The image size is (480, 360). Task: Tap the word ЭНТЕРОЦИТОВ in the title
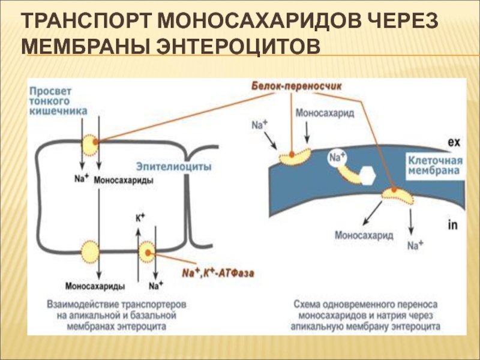click(239, 47)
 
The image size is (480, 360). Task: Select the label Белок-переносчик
click(296, 86)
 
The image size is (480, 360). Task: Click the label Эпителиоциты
click(173, 167)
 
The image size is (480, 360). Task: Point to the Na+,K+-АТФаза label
click(218, 272)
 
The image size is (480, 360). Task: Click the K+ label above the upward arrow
click(140, 218)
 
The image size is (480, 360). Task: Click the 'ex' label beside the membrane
click(454, 142)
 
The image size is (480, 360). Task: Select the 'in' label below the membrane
click(452, 225)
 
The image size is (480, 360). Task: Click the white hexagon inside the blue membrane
click(367, 176)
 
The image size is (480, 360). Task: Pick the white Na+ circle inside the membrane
click(337, 158)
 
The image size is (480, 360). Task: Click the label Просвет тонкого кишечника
click(58, 101)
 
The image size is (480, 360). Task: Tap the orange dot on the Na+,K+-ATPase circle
click(148, 253)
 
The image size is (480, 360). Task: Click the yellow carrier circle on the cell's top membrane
click(90, 145)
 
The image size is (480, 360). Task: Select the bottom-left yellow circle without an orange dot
click(90, 252)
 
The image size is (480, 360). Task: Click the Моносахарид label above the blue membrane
click(325, 113)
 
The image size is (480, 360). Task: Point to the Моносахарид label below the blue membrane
click(364, 235)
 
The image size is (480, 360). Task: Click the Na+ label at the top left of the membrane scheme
click(259, 124)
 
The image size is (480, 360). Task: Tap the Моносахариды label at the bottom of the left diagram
click(95, 286)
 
